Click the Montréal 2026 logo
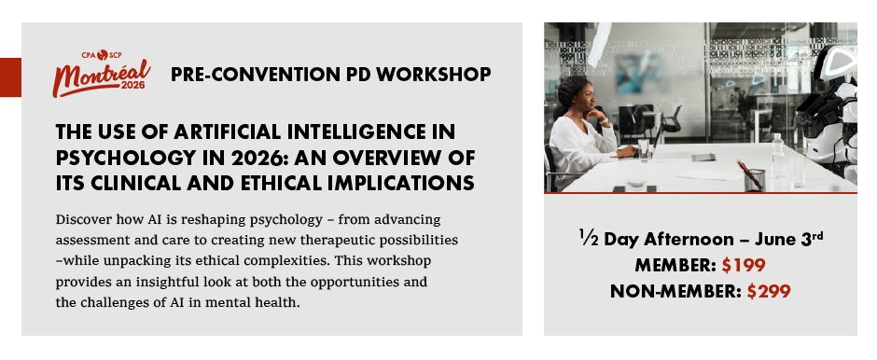tap(102, 74)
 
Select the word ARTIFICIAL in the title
tap(227, 132)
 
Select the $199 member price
tap(744, 266)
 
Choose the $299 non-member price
tap(769, 291)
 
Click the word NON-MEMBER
tap(676, 291)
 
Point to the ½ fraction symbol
tap(589, 239)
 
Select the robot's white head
tap(837, 62)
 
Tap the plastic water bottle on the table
tap(777, 156)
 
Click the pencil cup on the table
tap(754, 180)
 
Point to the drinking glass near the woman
tap(644, 150)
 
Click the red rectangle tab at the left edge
tap(10, 77)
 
